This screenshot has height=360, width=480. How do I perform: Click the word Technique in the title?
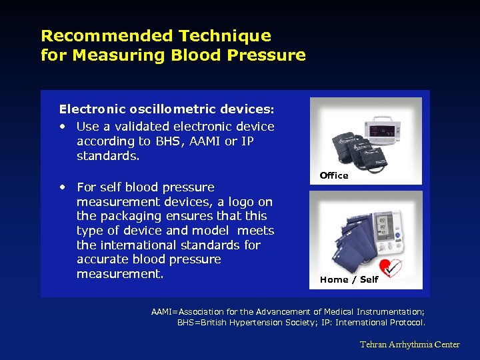[225, 36]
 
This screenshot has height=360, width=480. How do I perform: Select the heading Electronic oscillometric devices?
[167, 109]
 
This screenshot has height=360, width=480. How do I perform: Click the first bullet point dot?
[63, 127]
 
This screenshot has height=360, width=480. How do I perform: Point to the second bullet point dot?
[63, 187]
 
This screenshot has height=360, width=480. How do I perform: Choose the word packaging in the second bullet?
[131, 217]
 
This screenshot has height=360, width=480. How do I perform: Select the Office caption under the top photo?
[334, 175]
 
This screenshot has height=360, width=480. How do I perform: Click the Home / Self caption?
[349, 279]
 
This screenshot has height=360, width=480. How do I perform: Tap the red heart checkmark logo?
[390, 267]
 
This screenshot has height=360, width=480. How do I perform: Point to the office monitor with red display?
[383, 130]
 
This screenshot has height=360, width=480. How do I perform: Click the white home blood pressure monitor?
[389, 233]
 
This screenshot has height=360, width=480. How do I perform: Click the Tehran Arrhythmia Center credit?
[410, 345]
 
